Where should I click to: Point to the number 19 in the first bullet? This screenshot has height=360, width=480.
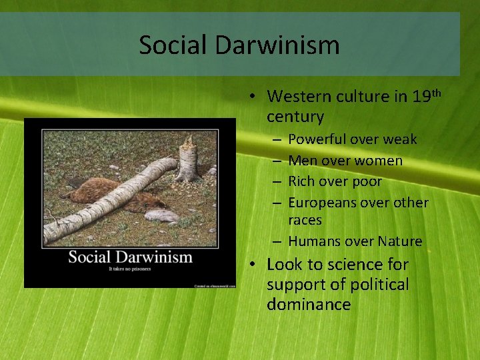(x=421, y=97)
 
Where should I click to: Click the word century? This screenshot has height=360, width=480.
(x=295, y=117)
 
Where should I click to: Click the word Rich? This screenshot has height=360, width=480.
(x=301, y=181)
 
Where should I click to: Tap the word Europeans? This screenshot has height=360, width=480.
(x=323, y=203)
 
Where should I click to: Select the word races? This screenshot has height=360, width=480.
(x=305, y=220)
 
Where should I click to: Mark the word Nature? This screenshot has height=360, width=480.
(x=400, y=241)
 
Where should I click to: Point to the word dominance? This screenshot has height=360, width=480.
(x=308, y=305)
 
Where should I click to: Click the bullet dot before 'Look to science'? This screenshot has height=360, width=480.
(x=256, y=265)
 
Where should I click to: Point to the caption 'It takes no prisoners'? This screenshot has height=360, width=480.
(x=130, y=269)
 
